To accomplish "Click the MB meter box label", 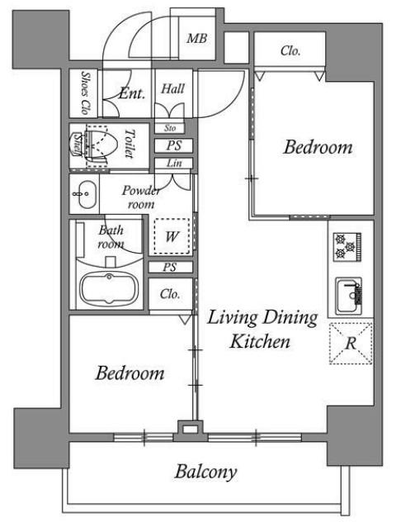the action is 197,39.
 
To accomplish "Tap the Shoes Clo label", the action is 86,93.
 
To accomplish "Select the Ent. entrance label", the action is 132,93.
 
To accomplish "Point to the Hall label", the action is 172,89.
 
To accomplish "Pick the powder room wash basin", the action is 85,194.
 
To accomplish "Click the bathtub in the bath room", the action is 109,288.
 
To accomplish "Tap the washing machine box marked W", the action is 172,236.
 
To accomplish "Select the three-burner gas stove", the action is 347,247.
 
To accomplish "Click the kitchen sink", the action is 348,296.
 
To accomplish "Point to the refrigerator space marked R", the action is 351,343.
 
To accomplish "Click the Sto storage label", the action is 170,128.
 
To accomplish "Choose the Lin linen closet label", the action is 174,164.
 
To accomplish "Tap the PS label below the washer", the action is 170,267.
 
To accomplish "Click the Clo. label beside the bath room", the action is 170,294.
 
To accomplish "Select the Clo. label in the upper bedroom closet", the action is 290,51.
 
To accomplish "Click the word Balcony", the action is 205,472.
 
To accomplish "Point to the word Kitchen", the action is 260,342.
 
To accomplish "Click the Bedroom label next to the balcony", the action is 130,373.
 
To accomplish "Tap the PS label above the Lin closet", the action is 174,145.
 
